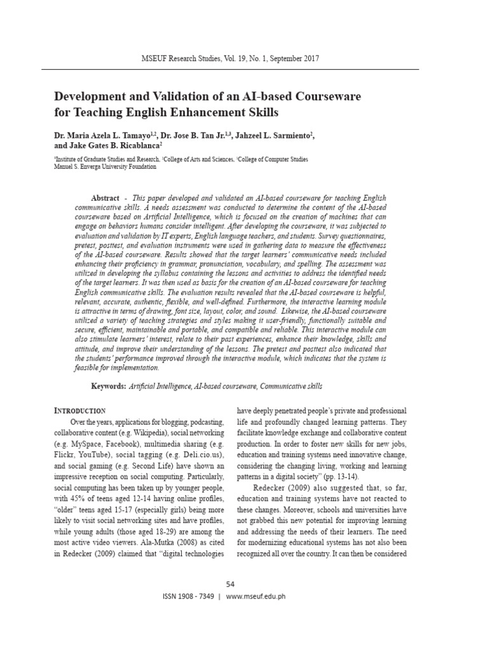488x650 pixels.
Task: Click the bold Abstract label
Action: [105, 199]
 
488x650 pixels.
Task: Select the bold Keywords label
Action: [109, 386]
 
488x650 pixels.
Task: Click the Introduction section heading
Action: [79, 411]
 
